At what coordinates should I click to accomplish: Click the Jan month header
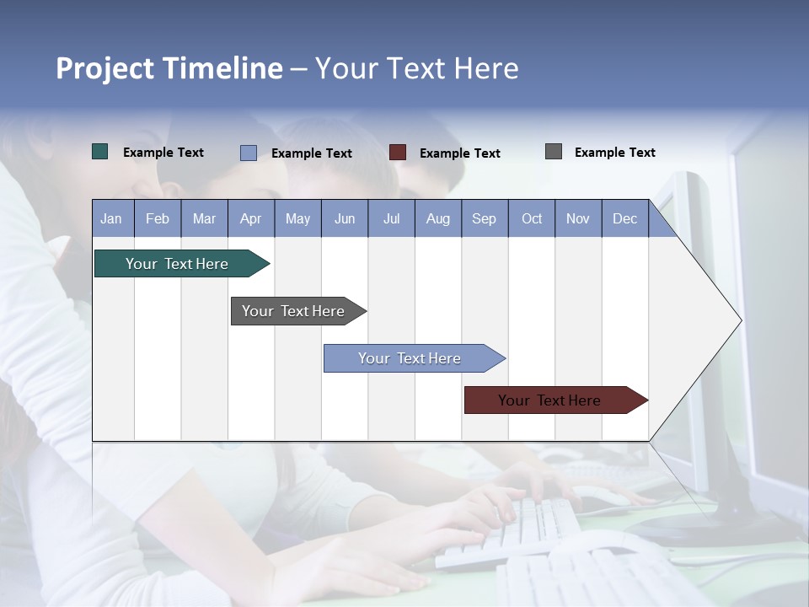pos(112,218)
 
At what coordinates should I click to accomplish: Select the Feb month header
pos(158,218)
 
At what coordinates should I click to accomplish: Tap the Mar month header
pos(204,218)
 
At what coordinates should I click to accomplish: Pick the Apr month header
pos(251,218)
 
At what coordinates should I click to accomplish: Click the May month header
pos(297,218)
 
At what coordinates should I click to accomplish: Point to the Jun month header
pos(345,218)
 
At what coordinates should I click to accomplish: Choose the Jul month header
pos(391,218)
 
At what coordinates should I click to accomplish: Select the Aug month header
pos(438,218)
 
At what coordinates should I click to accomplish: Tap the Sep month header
pos(485,218)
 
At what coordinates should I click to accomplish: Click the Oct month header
pos(532,218)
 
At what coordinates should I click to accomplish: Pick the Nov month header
pos(578,218)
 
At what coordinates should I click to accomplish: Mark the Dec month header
pos(625,218)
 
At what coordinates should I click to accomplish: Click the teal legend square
pos(100,152)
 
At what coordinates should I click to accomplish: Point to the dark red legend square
pos(398,153)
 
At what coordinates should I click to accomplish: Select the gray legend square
pos(554,152)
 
